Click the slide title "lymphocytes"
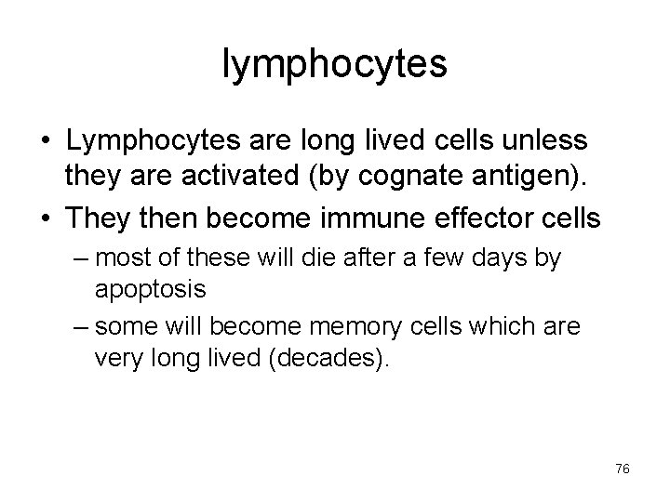pyautogui.click(x=335, y=64)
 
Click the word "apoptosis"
pyautogui.click(x=150, y=288)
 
